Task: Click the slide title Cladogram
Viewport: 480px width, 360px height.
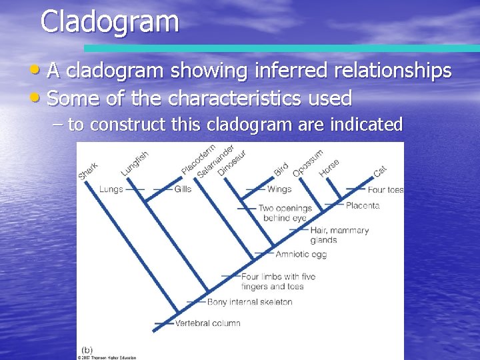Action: pyautogui.click(x=109, y=21)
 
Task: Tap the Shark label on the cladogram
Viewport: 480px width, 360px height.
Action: pyautogui.click(x=89, y=171)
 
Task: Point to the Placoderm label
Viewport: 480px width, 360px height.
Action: pyautogui.click(x=198, y=160)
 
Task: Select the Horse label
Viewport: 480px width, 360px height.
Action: pyautogui.click(x=329, y=167)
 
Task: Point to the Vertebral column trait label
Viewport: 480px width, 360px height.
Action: pyautogui.click(x=207, y=323)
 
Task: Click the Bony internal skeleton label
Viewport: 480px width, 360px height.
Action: pyautogui.click(x=249, y=302)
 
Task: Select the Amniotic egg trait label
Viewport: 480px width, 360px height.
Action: pyautogui.click(x=301, y=254)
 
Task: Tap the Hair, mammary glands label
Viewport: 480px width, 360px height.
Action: pyautogui.click(x=339, y=235)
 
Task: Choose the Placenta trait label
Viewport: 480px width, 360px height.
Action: pyautogui.click(x=362, y=205)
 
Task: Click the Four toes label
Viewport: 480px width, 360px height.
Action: pyautogui.click(x=385, y=190)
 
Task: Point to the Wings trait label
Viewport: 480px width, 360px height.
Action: pyautogui.click(x=279, y=189)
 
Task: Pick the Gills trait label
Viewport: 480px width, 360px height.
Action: pyautogui.click(x=183, y=189)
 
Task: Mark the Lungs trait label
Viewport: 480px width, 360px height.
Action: pyautogui.click(x=111, y=189)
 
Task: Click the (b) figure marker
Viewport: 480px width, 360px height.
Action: pyautogui.click(x=87, y=350)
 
